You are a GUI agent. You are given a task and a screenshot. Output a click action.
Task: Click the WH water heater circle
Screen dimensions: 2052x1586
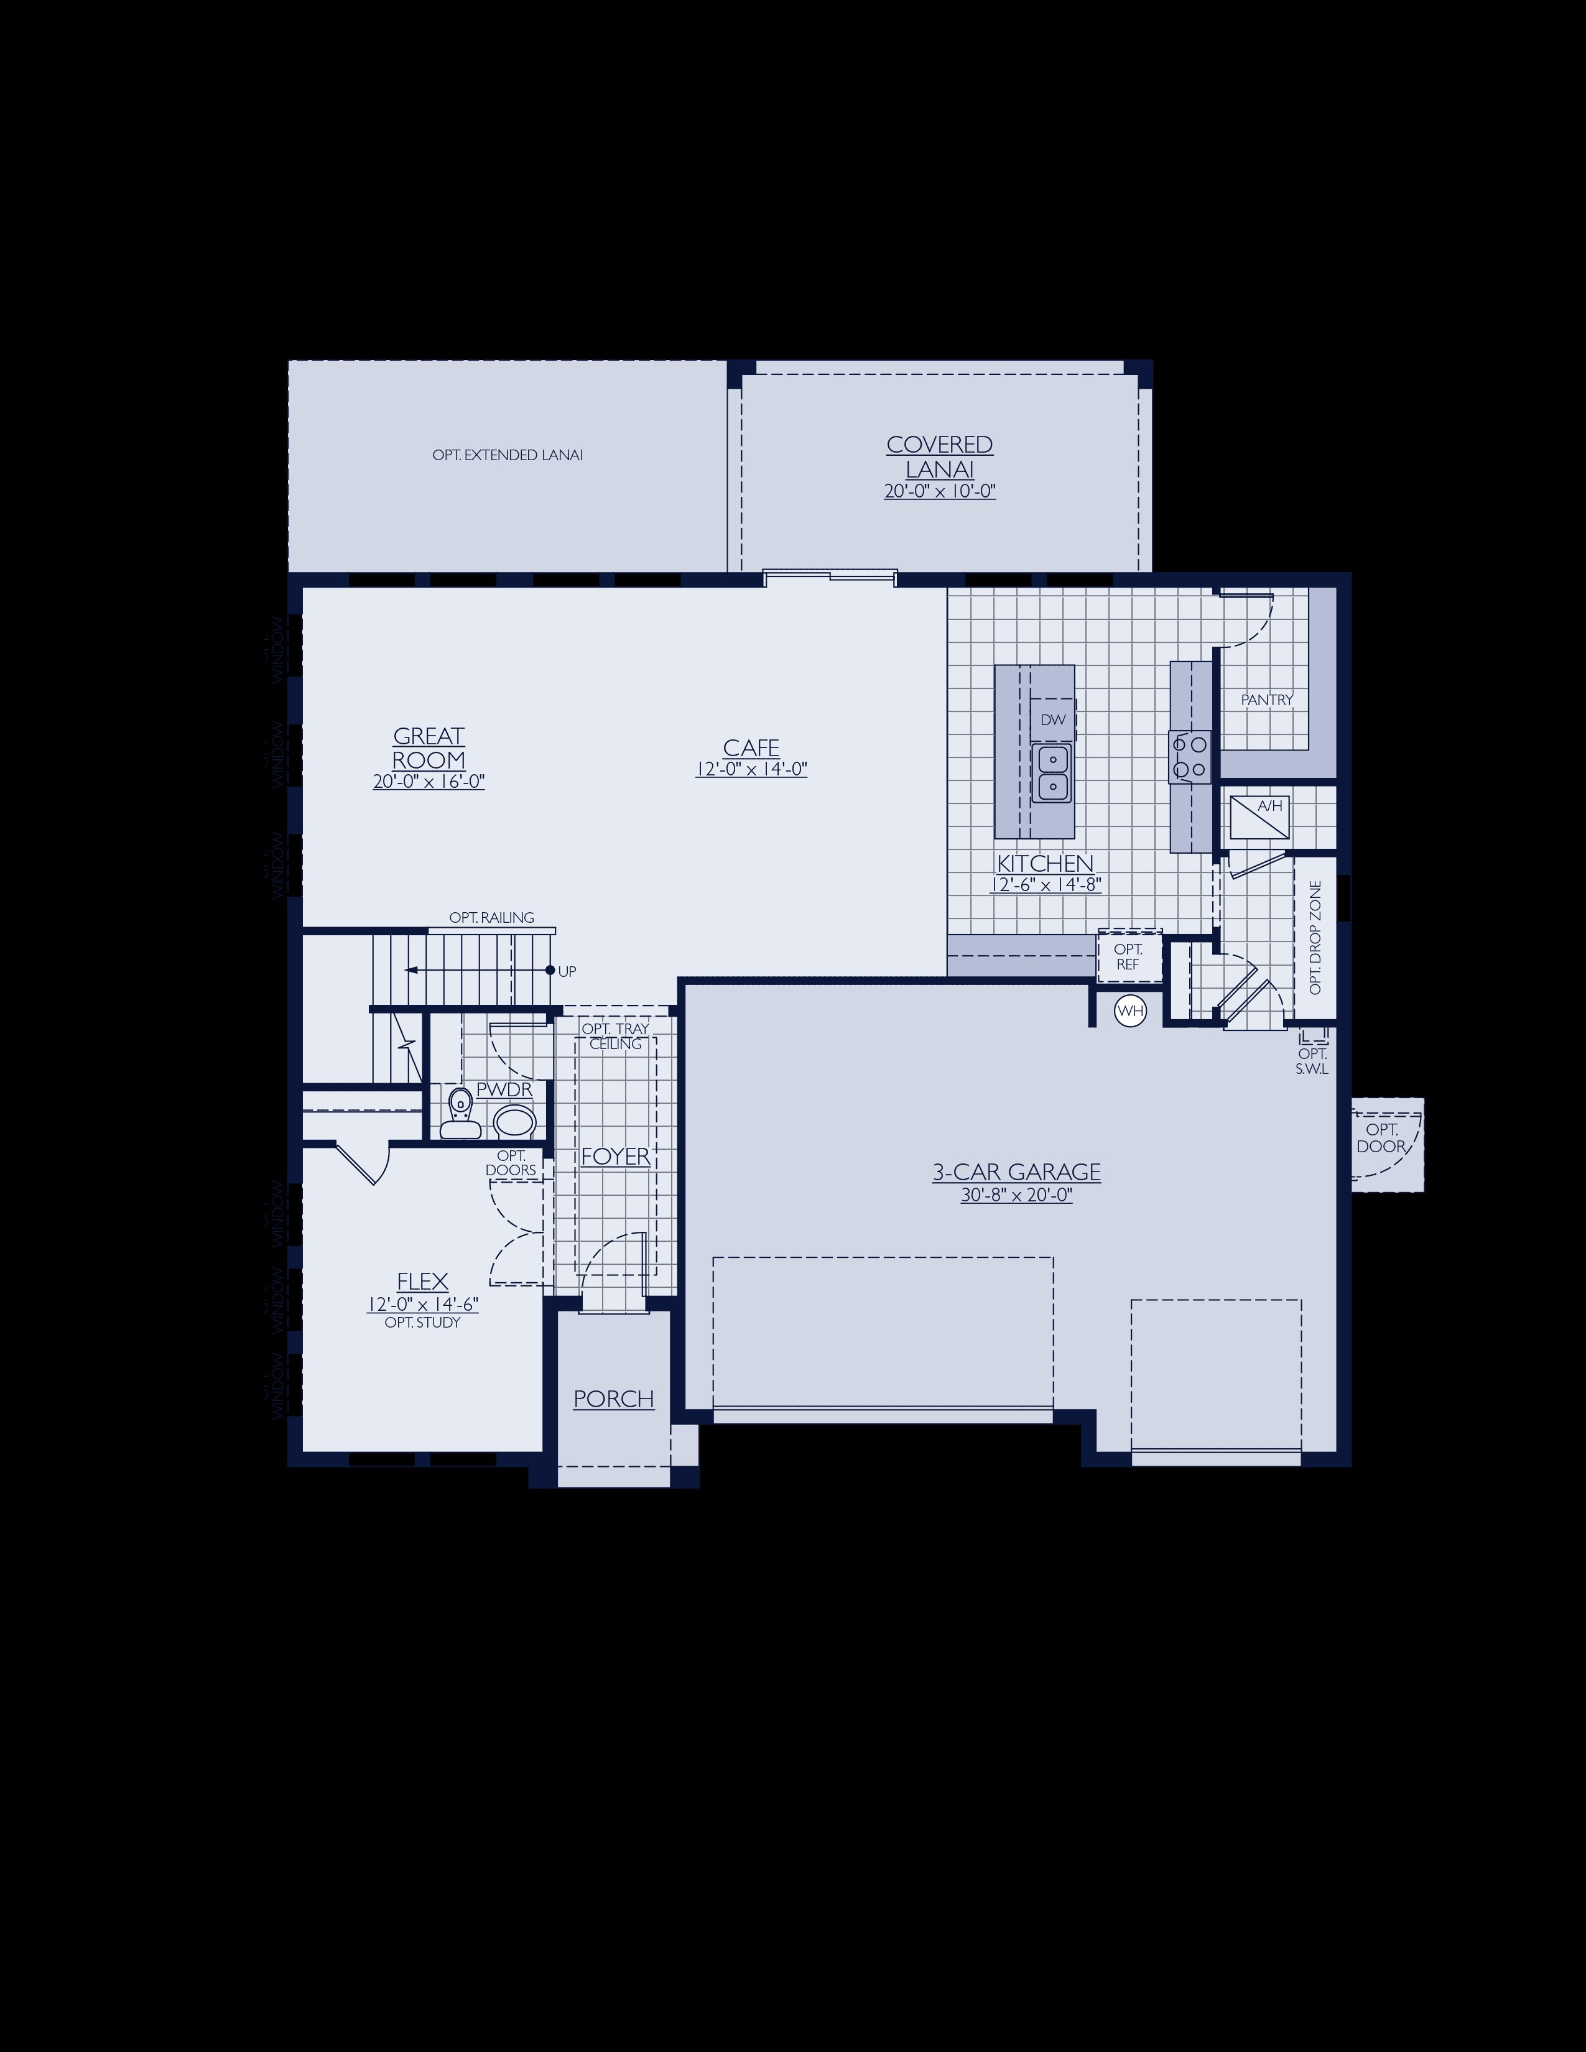pyautogui.click(x=1129, y=1011)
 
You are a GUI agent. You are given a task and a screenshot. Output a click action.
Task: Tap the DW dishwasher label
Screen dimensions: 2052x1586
pyautogui.click(x=1053, y=719)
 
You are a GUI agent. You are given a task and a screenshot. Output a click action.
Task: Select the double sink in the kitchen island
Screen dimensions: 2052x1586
pyautogui.click(x=1053, y=772)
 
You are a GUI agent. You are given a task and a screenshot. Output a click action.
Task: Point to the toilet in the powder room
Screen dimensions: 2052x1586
pyautogui.click(x=460, y=1114)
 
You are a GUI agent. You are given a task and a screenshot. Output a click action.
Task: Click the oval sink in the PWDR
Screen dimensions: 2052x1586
pyautogui.click(x=514, y=1121)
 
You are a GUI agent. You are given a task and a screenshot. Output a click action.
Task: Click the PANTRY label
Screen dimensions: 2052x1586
pyautogui.click(x=1266, y=700)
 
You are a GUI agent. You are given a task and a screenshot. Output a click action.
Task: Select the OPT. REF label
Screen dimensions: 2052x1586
pyautogui.click(x=1128, y=956)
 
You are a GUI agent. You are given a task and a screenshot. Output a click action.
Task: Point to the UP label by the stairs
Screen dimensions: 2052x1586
pyautogui.click(x=567, y=971)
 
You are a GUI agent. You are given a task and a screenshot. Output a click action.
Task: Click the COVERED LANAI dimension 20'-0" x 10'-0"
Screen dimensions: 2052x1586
pyautogui.click(x=940, y=491)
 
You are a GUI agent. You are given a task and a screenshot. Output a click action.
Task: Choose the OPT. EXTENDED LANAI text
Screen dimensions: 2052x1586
pyautogui.click(x=508, y=455)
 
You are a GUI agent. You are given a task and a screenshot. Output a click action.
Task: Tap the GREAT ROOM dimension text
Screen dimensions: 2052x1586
pyautogui.click(x=429, y=782)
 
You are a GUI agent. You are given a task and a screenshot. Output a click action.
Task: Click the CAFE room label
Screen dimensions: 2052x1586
pyautogui.click(x=751, y=748)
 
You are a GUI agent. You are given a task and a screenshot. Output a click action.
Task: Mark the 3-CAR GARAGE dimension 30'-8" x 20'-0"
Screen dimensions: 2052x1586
pyautogui.click(x=1016, y=1196)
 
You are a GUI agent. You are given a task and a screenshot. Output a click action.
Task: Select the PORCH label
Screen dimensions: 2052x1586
pyautogui.click(x=613, y=1399)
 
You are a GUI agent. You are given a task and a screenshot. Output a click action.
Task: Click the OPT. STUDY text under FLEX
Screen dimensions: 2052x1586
pyautogui.click(x=423, y=1323)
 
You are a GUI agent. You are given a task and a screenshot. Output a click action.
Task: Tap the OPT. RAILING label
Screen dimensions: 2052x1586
pyautogui.click(x=491, y=917)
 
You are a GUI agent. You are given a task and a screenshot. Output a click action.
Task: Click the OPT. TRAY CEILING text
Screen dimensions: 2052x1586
pyautogui.click(x=615, y=1037)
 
